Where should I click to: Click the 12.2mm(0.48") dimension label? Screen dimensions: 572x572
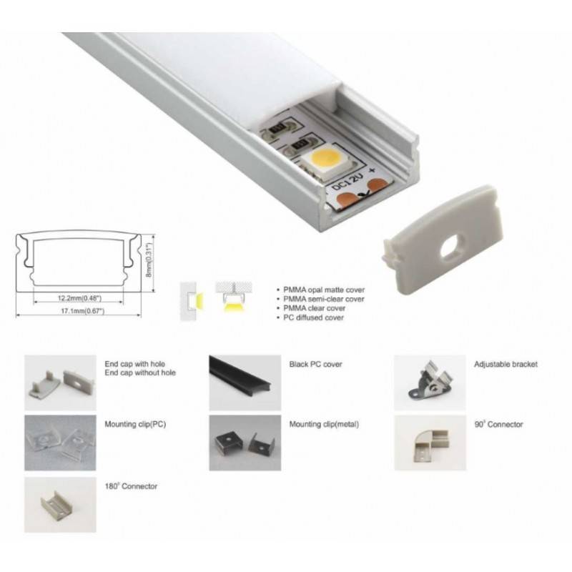79,298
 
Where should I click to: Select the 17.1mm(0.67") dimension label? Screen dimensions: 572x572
82,311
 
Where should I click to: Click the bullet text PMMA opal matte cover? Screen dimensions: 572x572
324,290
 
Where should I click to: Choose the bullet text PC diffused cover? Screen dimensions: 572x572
313,317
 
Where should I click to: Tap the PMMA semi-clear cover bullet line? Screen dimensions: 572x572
324,299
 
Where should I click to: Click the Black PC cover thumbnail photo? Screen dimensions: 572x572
245,383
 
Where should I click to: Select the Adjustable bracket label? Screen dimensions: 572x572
506,364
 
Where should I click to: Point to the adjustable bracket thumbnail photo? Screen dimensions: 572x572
430,383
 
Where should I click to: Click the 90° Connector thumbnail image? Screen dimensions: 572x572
430,443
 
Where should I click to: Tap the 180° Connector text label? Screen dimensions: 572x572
131,486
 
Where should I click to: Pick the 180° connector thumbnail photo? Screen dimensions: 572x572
60,505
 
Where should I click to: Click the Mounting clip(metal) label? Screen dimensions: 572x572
324,424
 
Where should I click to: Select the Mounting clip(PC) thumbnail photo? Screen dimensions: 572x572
60,443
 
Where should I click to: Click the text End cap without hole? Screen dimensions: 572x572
140,373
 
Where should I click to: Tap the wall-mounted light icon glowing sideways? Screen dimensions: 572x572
192,301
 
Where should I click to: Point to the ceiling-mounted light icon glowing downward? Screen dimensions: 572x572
234,297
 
